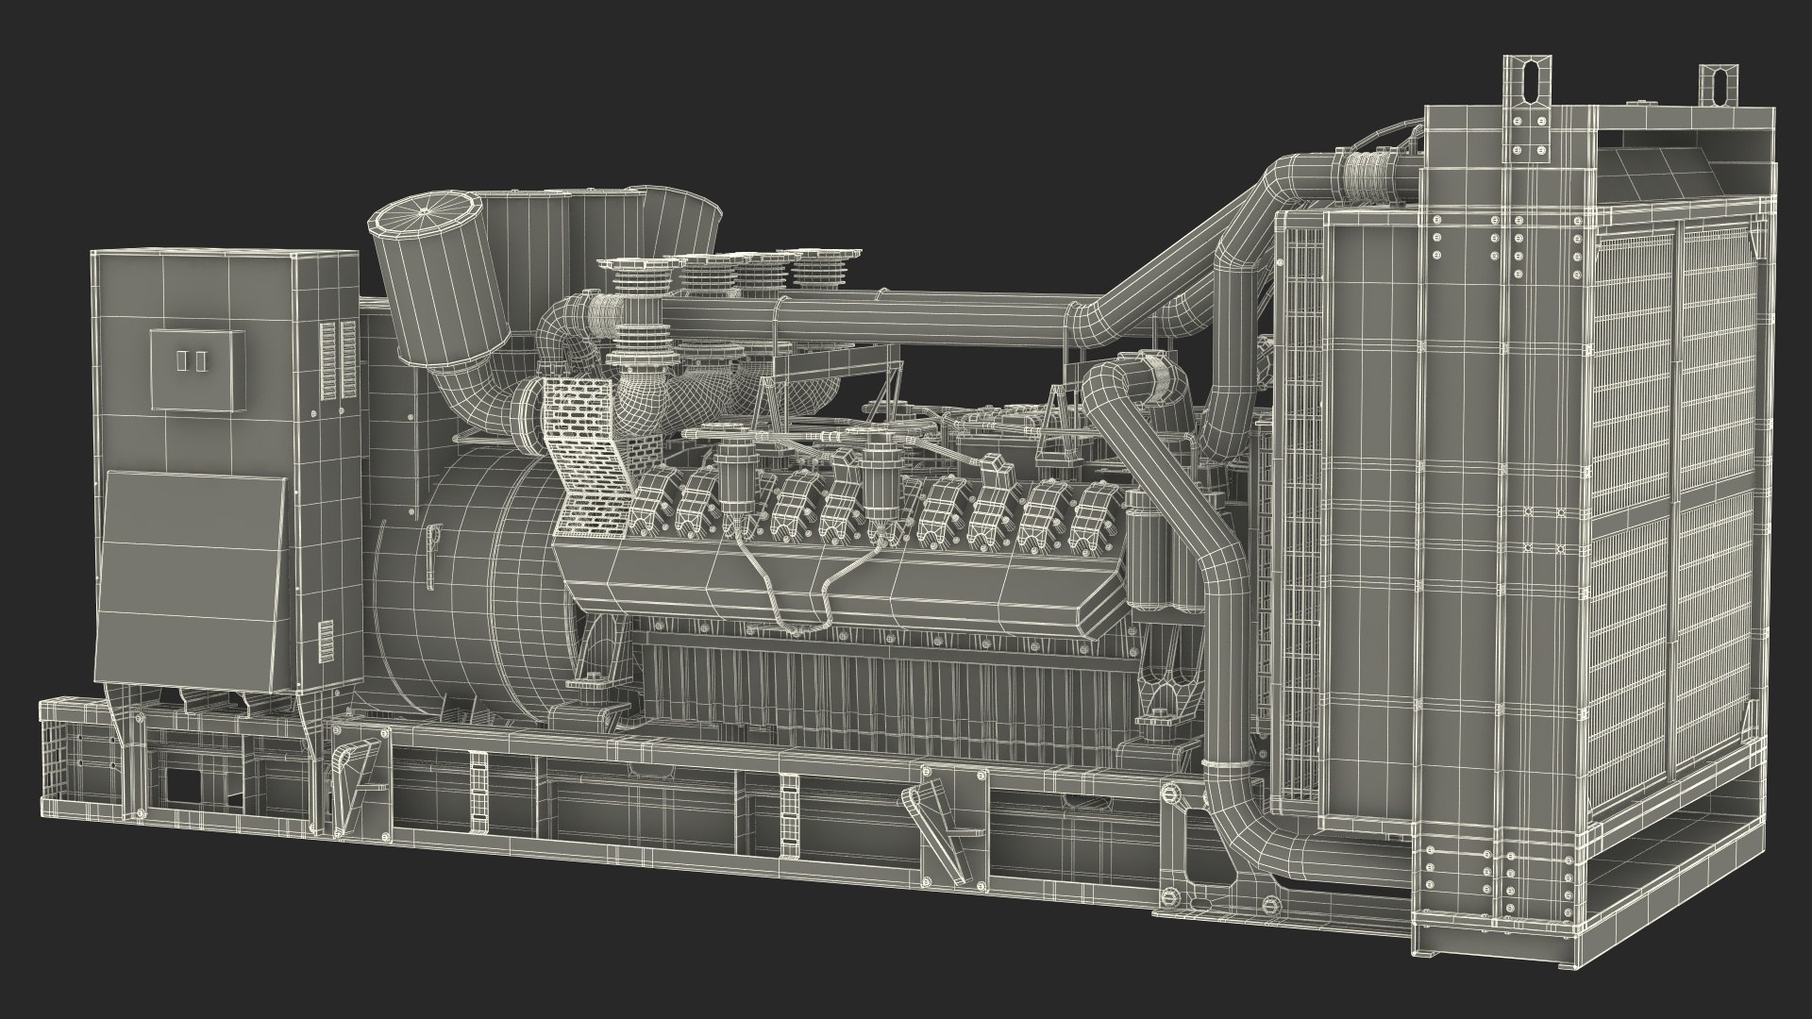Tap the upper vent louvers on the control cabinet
click(x=340, y=359)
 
